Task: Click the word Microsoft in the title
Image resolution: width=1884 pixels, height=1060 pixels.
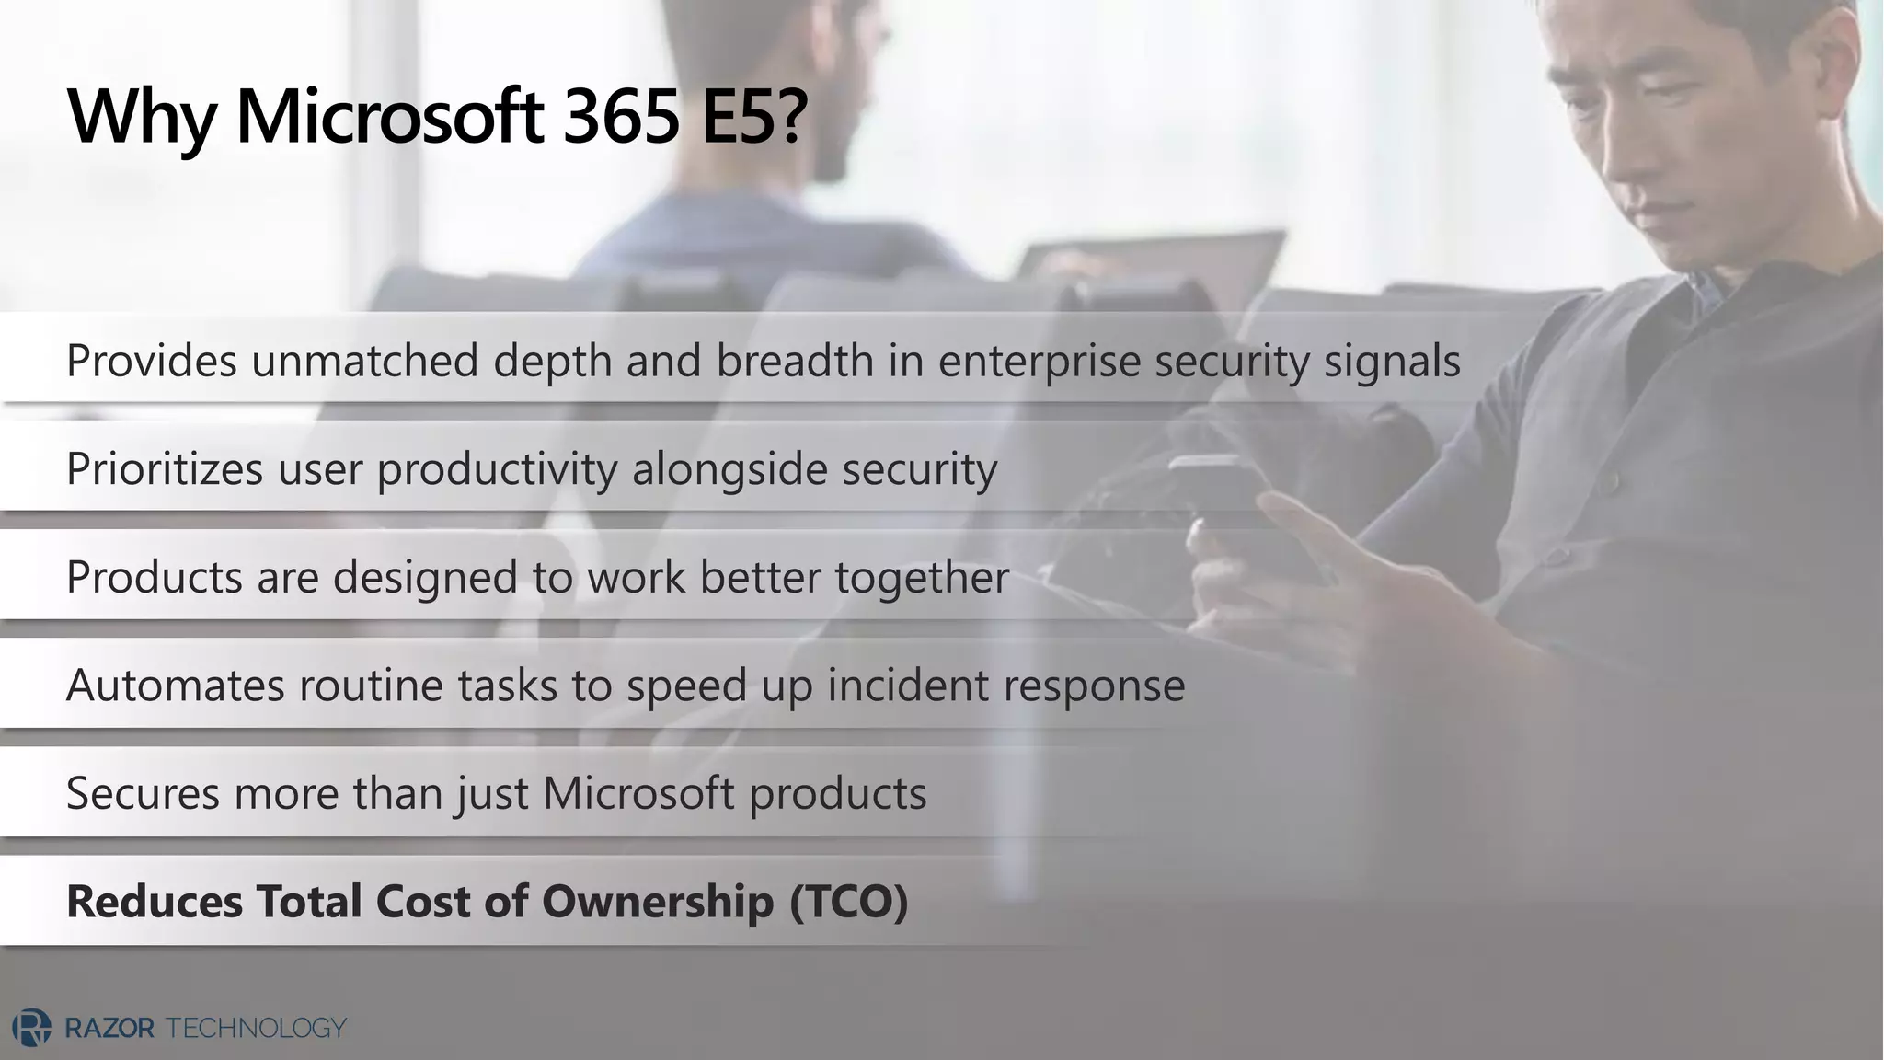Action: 390,117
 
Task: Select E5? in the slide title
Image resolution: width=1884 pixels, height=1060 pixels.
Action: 753,117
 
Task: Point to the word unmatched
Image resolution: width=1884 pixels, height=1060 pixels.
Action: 365,360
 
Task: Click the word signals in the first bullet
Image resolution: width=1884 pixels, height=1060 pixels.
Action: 1392,362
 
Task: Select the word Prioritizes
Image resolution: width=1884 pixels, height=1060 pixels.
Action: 165,468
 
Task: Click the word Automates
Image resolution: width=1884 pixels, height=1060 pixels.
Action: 176,686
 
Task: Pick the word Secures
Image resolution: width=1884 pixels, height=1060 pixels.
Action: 144,793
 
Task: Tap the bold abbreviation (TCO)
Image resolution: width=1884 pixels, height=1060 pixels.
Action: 849,902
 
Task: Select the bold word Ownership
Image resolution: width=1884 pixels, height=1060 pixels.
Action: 658,902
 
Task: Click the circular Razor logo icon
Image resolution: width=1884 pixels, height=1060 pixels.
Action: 31,1028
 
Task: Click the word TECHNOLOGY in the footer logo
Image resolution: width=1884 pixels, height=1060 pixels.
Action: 256,1028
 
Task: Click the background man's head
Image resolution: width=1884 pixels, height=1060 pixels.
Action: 810,101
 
